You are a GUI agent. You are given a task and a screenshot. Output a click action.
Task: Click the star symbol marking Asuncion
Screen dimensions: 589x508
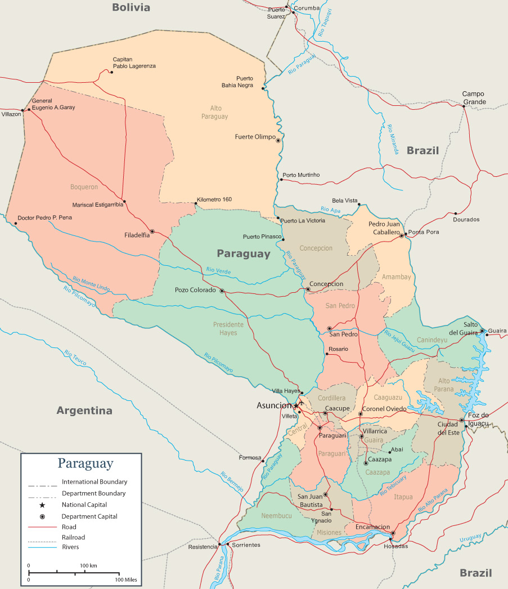[296, 405]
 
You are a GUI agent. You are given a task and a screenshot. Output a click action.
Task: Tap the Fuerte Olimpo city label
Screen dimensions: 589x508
[255, 137]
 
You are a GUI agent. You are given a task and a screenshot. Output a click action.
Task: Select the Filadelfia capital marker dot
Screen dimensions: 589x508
[152, 231]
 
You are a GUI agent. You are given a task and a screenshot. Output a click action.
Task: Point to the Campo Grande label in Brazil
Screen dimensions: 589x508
[473, 98]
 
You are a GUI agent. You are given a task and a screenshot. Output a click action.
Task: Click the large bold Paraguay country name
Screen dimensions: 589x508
[244, 254]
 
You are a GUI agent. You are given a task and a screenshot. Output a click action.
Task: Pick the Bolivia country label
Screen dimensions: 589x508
[131, 7]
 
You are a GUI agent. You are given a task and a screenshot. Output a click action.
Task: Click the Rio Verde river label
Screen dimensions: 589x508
[218, 270]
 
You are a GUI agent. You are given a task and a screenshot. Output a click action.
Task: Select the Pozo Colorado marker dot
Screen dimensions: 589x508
[222, 291]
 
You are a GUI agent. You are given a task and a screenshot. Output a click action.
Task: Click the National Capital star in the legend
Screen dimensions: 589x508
[42, 505]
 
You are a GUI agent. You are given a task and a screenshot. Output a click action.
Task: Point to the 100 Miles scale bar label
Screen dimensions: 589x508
[126, 580]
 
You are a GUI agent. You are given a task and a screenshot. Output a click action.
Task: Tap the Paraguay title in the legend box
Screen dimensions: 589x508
[85, 464]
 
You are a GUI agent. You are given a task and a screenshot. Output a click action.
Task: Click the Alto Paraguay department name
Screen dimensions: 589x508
[215, 112]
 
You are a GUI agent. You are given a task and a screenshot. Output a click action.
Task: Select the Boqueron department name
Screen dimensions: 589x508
[84, 187]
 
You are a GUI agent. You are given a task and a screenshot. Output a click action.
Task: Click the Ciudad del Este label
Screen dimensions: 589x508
[448, 428]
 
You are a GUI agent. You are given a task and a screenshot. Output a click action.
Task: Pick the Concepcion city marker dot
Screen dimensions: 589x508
[308, 289]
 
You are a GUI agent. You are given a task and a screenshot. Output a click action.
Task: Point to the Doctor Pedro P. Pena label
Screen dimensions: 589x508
[44, 217]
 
